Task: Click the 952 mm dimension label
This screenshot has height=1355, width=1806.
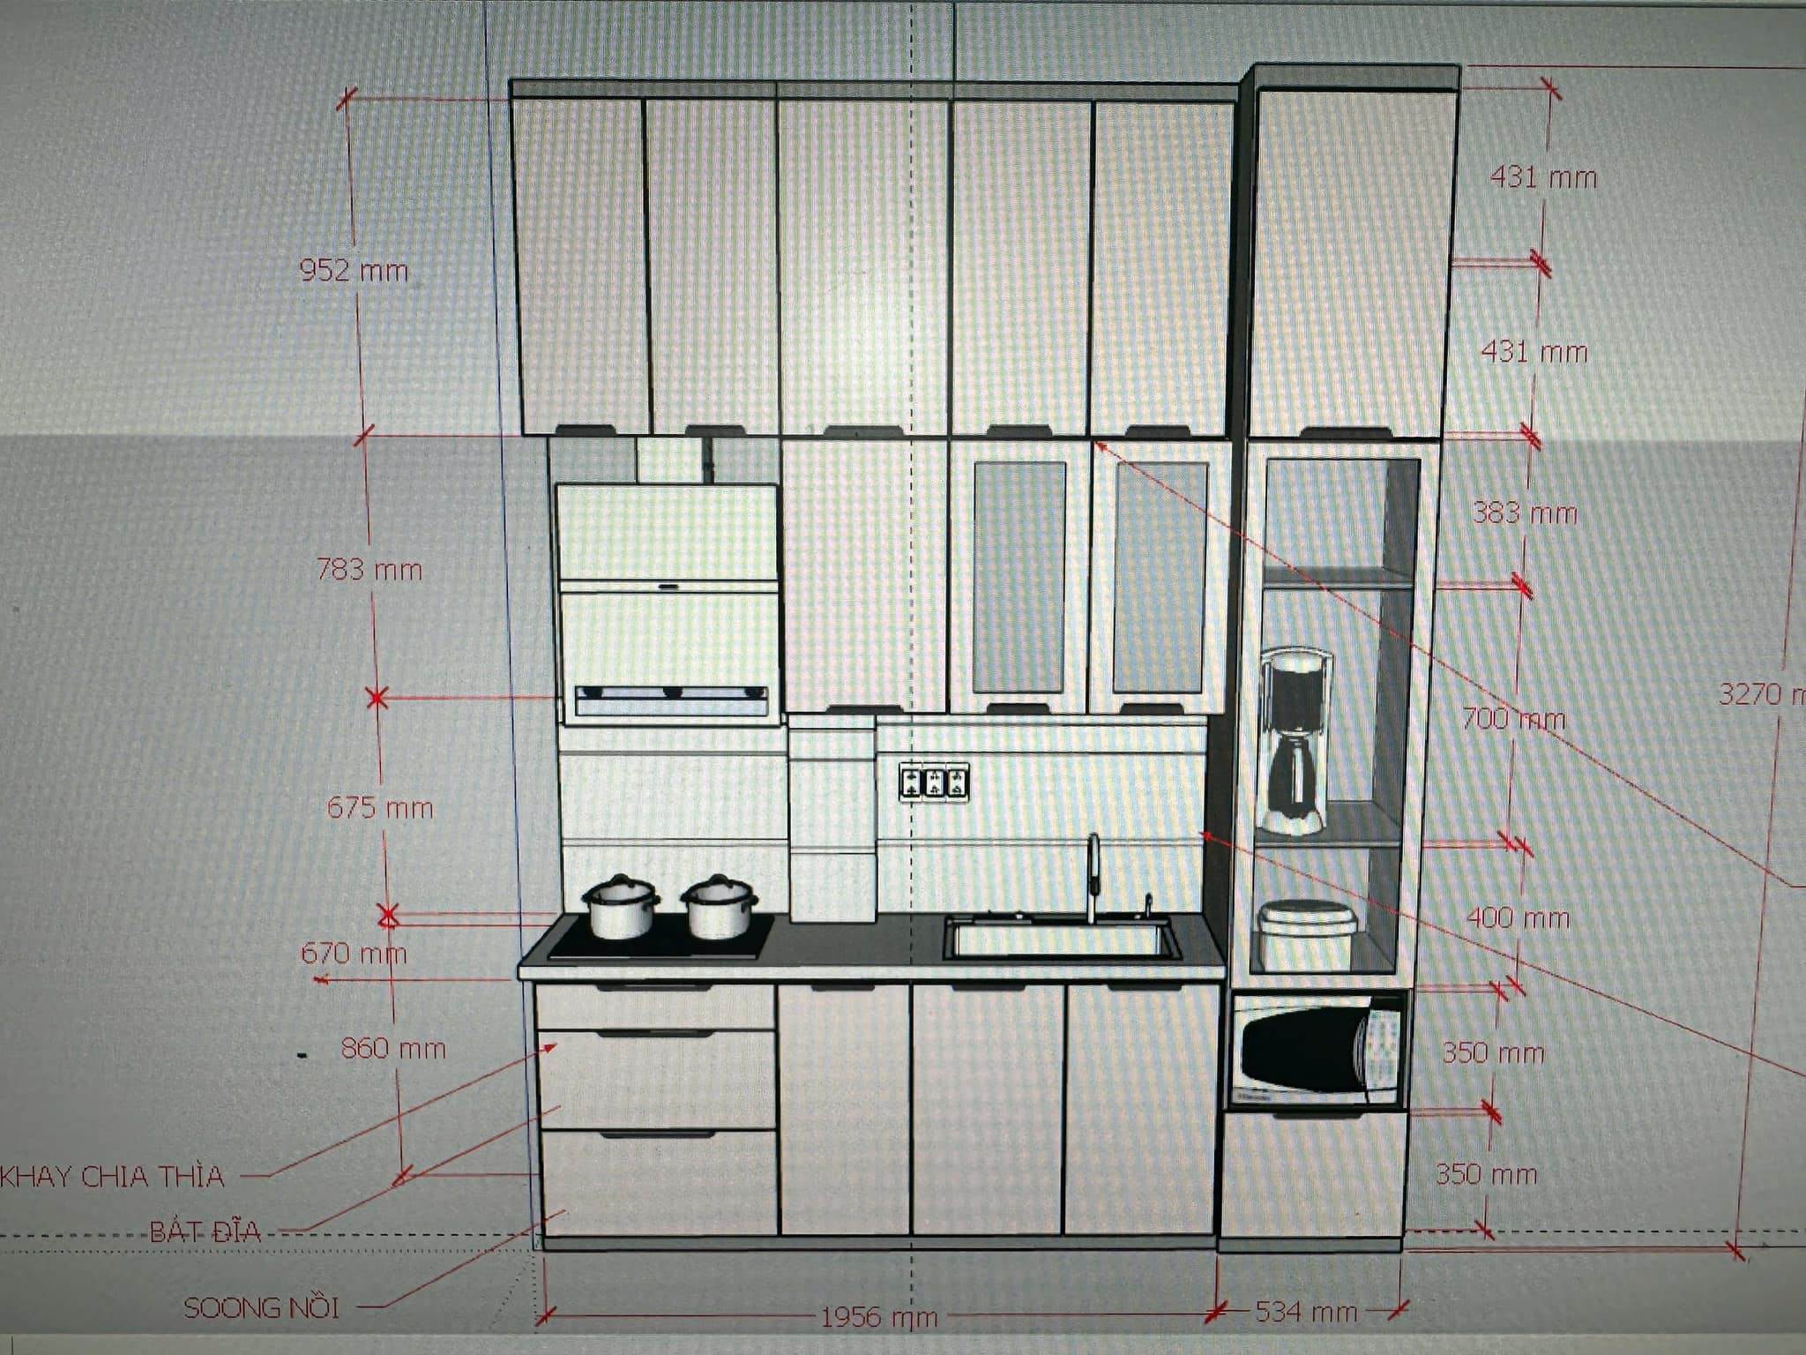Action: [x=354, y=270]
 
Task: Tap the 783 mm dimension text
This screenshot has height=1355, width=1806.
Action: [x=369, y=570]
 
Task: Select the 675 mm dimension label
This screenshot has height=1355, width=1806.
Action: [x=380, y=808]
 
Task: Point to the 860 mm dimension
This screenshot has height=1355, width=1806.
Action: [x=393, y=1049]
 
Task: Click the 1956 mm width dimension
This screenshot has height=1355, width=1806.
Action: [x=878, y=1318]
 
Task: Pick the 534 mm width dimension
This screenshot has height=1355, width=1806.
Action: [x=1305, y=1312]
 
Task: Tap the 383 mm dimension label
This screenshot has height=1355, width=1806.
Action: [x=1525, y=513]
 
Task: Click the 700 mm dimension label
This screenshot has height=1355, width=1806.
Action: [x=1513, y=720]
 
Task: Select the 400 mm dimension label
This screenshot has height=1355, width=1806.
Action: [x=1518, y=919]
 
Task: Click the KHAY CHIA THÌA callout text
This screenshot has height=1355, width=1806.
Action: [x=113, y=1177]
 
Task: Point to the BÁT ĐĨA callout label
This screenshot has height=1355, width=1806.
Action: [x=205, y=1231]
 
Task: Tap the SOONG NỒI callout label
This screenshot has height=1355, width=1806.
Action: [x=261, y=1307]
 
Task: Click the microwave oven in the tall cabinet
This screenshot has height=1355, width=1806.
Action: [x=1317, y=1051]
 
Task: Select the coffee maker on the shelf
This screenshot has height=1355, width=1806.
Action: [x=1295, y=741]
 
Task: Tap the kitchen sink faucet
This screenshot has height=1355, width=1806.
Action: [x=1093, y=878]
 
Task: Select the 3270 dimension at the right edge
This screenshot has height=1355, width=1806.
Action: [x=1760, y=694]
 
